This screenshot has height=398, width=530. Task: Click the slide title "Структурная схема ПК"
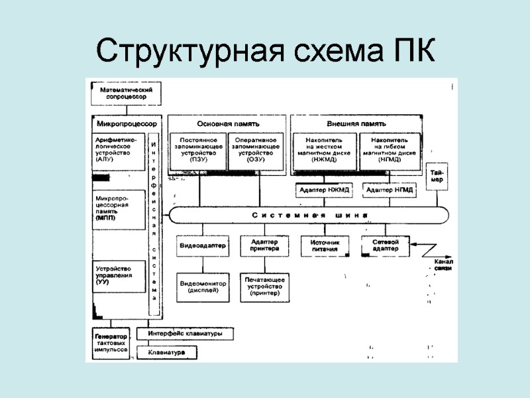click(265, 50)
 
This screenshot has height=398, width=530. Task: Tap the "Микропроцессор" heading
click(127, 123)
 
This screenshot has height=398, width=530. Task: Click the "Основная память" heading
click(227, 123)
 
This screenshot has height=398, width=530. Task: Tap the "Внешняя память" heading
click(356, 123)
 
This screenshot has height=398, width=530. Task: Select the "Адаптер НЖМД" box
click(325, 190)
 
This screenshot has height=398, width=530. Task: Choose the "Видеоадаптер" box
click(203, 246)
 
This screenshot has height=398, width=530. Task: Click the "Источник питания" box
click(325, 246)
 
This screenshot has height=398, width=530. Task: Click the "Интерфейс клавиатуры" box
click(185, 333)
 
